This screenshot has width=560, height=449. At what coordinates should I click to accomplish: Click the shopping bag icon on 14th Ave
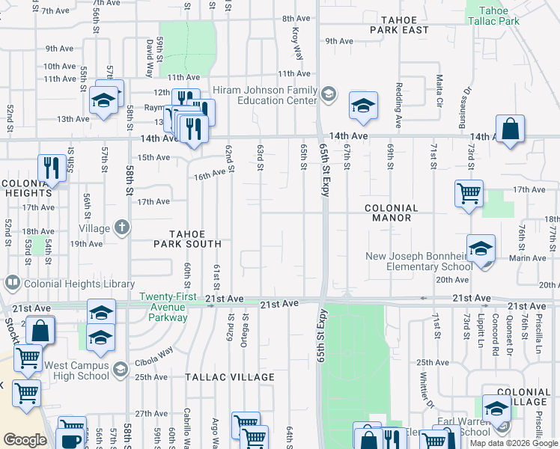point(510,129)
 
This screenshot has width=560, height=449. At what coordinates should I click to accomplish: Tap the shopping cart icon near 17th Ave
point(469,193)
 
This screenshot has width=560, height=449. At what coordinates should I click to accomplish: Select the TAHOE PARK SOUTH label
point(187,238)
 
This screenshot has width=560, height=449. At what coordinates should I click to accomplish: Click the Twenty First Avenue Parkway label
point(168,307)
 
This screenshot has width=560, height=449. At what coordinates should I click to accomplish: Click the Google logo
point(25,440)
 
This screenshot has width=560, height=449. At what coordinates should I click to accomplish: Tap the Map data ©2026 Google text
point(513,443)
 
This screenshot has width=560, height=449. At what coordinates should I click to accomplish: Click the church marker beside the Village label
point(121,227)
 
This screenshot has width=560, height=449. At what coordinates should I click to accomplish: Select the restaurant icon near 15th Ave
point(51,166)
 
